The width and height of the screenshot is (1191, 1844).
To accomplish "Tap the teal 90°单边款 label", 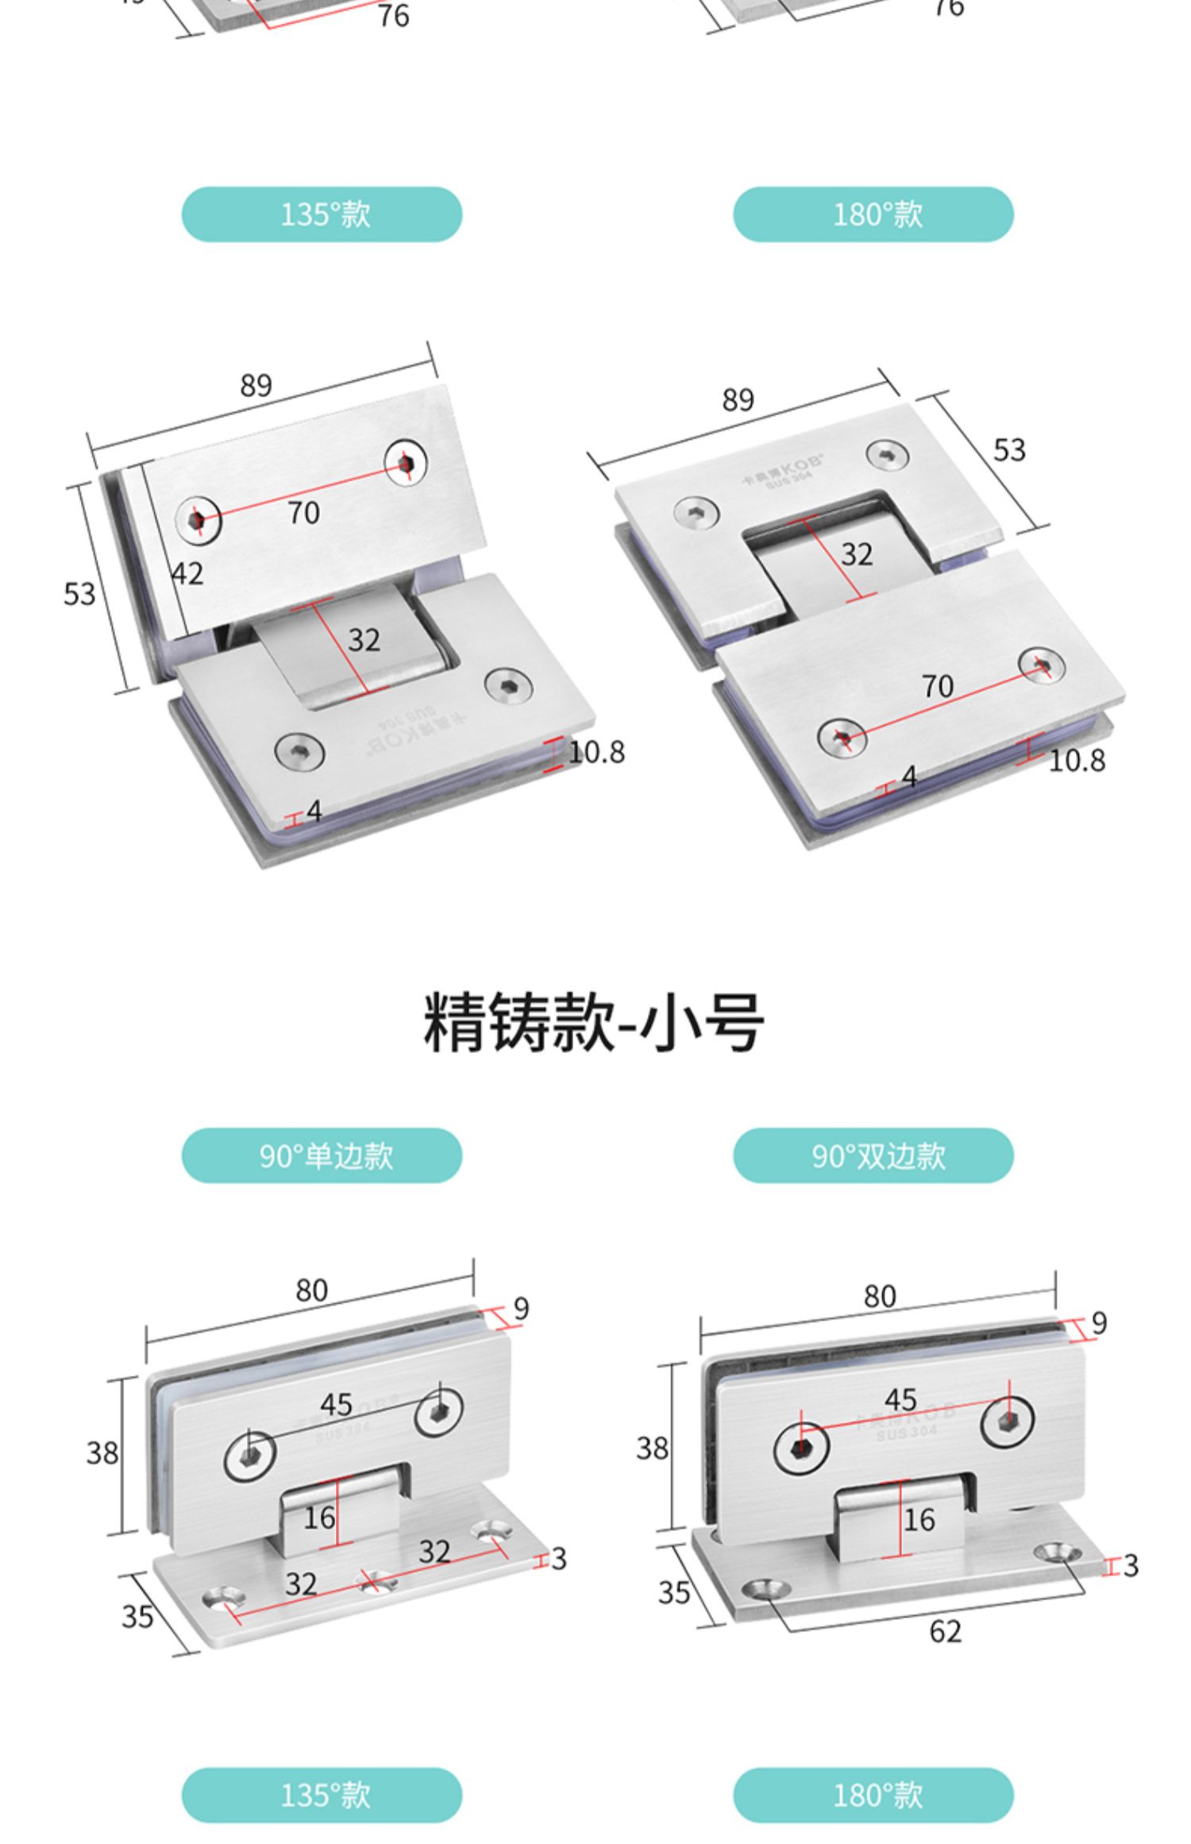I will pos(322,1155).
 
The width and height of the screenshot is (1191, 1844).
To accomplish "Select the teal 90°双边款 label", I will pos(873,1155).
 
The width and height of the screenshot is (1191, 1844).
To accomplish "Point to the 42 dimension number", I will pos(187,573).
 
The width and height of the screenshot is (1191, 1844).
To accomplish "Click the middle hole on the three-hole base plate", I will pos(380,1581).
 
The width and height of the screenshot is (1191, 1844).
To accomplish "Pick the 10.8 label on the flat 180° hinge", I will pos(1076,761).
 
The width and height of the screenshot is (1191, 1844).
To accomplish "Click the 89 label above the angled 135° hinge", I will pos(256,386).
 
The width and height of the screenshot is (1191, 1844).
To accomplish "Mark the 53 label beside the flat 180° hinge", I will pos(1009,450).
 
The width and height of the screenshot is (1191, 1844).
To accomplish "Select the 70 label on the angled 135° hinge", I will pos(303,513).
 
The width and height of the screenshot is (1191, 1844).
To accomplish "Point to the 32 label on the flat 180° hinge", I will pos(857,554).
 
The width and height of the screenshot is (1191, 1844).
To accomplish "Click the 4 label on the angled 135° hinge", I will pos(314,812).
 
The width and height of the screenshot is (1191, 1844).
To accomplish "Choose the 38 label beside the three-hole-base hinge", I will pos(102,1453).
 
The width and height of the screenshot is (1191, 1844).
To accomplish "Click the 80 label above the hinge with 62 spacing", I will pos(880,1297).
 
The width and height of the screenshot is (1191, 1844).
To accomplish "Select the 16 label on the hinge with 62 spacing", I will pos(919,1520).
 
